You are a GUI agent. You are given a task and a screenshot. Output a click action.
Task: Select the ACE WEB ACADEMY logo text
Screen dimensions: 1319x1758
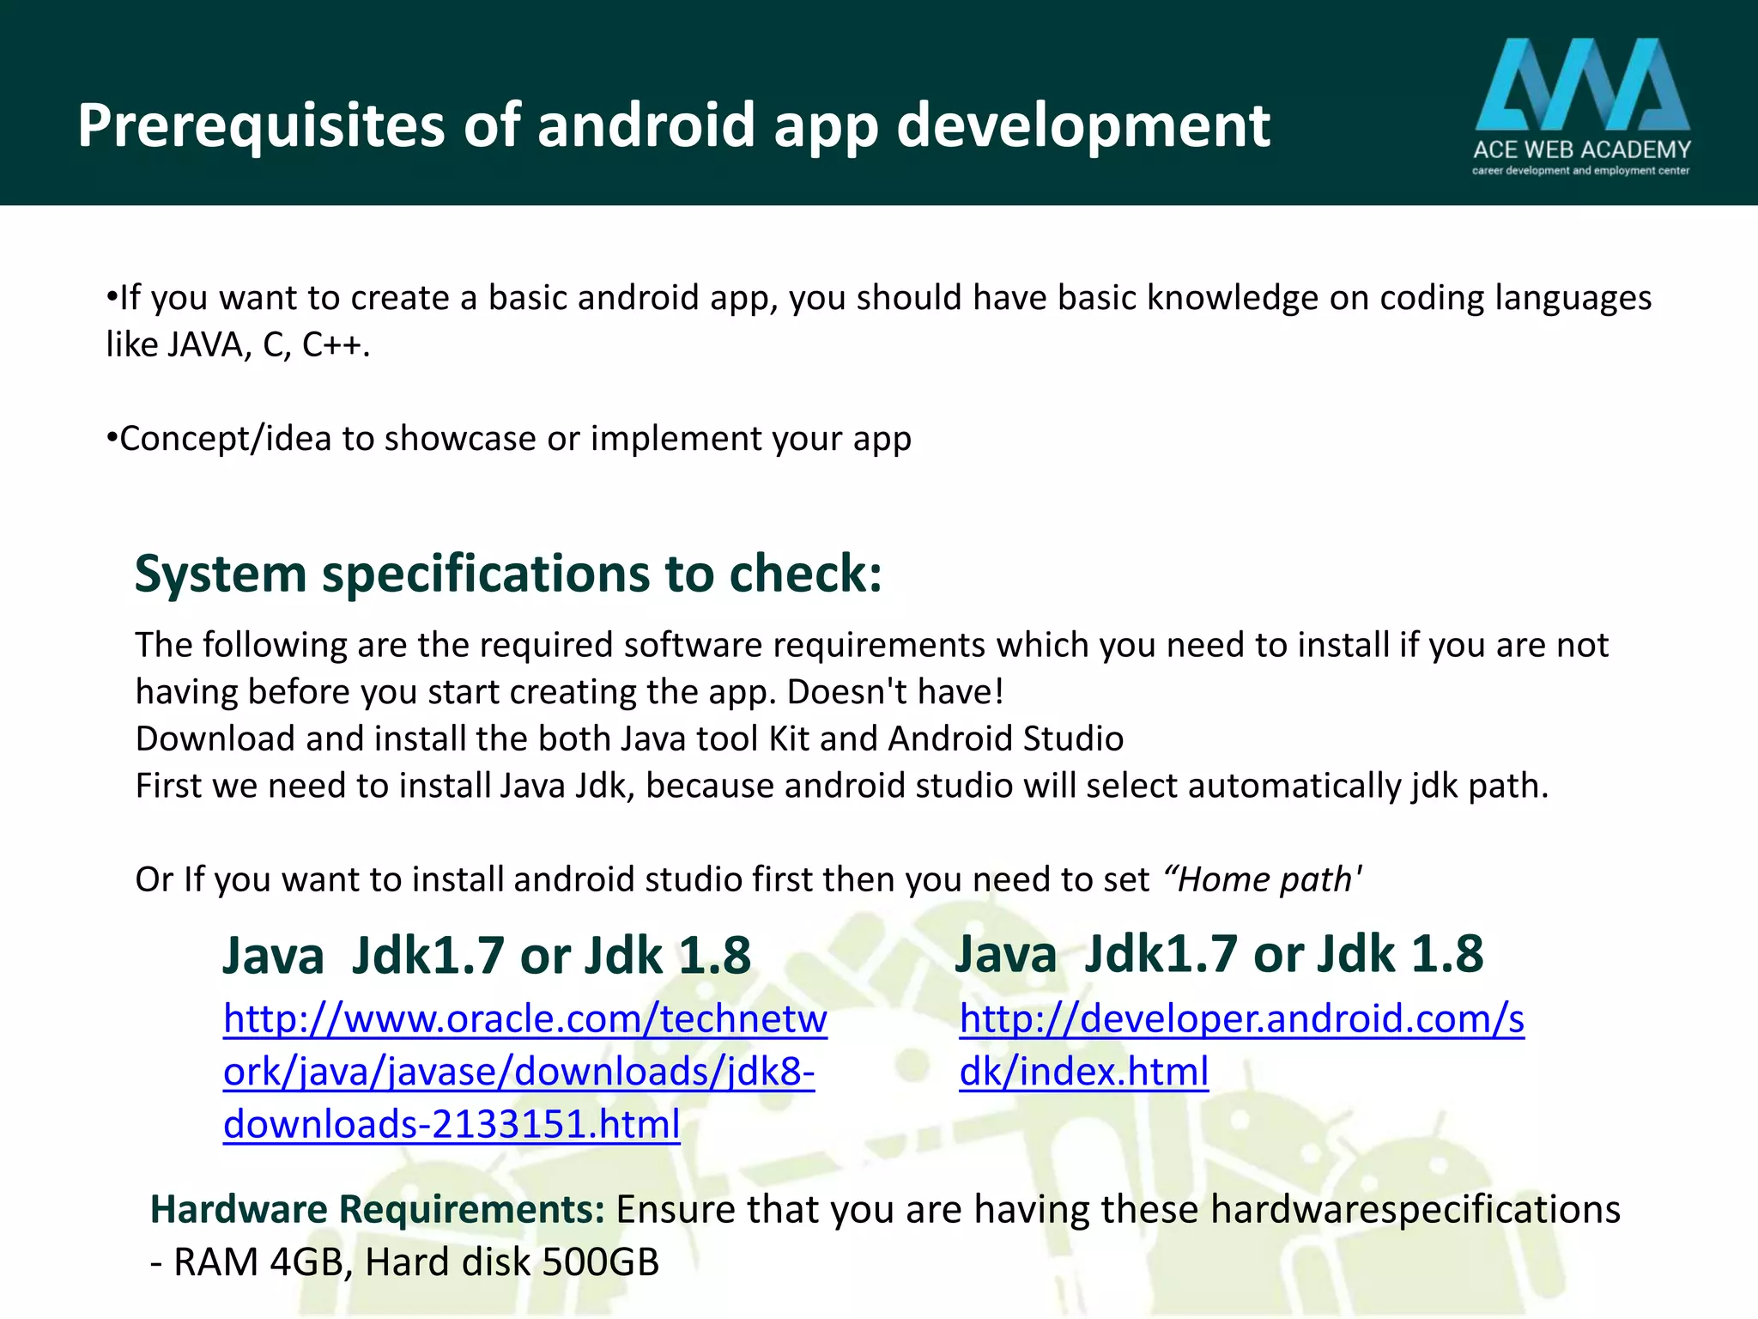pyautogui.click(x=1581, y=150)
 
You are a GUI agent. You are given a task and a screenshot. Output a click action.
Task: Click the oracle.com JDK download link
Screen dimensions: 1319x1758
pyautogui.click(x=524, y=1072)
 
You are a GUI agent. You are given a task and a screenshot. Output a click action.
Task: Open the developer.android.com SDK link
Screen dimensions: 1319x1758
pyautogui.click(x=1240, y=1045)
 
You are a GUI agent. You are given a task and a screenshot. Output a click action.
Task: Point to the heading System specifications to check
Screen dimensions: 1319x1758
pyautogui.click(x=508, y=574)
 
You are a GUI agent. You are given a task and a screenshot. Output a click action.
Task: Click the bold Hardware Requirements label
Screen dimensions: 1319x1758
pyautogui.click(x=378, y=1209)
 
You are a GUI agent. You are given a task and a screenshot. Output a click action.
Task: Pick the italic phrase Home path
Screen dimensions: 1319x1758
pyautogui.click(x=1262, y=879)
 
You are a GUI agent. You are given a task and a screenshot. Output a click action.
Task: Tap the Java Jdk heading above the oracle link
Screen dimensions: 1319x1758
pyautogui.click(x=487, y=956)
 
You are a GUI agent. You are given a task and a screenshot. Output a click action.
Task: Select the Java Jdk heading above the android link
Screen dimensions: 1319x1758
pyautogui.click(x=1219, y=954)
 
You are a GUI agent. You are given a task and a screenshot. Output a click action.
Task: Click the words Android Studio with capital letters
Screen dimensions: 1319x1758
pyautogui.click(x=1005, y=739)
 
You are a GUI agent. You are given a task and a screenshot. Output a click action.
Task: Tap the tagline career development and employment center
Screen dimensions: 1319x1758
pyautogui.click(x=1581, y=171)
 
